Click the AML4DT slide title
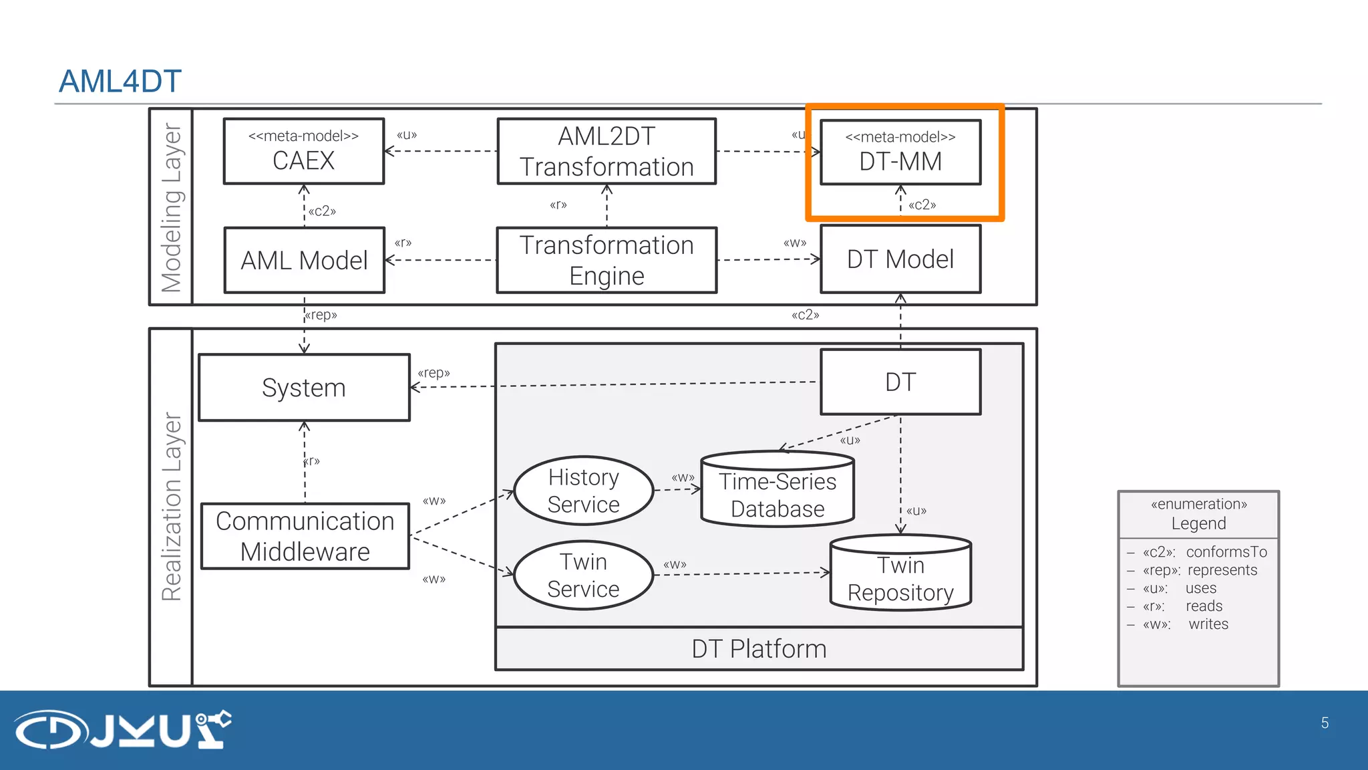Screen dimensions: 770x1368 click(x=120, y=82)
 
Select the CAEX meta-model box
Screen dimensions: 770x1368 click(x=304, y=151)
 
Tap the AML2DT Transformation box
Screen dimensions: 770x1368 click(x=607, y=152)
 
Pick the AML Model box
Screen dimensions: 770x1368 click(x=305, y=260)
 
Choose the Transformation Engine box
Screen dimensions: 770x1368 click(x=607, y=260)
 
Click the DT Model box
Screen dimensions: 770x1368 click(x=900, y=259)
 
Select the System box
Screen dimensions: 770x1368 click(x=304, y=388)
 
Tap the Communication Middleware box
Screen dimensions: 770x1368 click(x=305, y=536)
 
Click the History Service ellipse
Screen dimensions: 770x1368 click(x=583, y=491)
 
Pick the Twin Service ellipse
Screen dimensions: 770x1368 click(x=583, y=575)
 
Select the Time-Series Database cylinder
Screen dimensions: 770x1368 click(x=778, y=495)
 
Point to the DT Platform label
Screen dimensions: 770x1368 click(x=759, y=649)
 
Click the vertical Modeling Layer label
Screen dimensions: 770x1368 click(x=171, y=207)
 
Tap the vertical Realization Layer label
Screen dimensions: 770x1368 click(x=171, y=506)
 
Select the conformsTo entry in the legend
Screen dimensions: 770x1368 click(x=1226, y=552)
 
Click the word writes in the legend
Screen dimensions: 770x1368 click(x=1208, y=624)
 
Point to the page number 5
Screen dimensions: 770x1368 click(x=1325, y=723)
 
